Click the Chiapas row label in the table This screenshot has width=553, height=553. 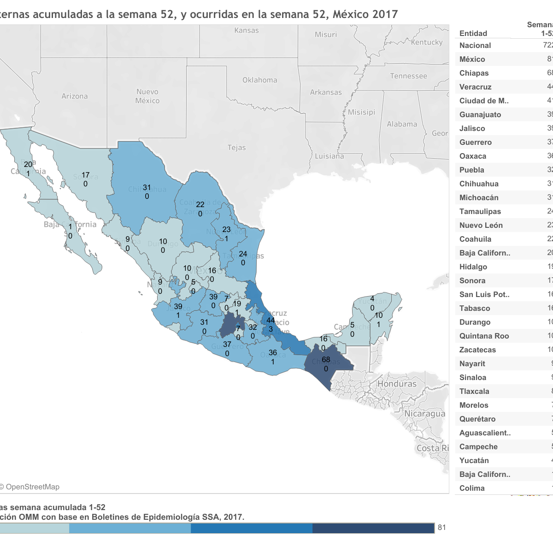(474, 73)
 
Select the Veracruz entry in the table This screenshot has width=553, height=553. (475, 87)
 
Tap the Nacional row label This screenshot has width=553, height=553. (475, 46)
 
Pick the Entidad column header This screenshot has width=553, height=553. (473, 34)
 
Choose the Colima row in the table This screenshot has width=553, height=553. (472, 488)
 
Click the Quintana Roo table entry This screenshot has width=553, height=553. (484, 336)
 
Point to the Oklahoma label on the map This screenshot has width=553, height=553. (260, 80)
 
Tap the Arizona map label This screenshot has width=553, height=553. (75, 96)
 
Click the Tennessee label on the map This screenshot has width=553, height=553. (408, 76)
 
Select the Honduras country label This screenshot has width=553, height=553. (397, 384)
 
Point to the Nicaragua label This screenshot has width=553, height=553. (424, 414)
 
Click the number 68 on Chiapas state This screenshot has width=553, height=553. (326, 360)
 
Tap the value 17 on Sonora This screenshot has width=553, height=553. (86, 175)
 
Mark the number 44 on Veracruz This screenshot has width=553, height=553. (271, 320)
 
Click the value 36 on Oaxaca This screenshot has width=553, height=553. (273, 353)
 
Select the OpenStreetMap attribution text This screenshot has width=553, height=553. (32, 487)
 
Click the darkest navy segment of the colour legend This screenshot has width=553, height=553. (373, 528)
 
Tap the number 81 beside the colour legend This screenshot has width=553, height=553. (442, 528)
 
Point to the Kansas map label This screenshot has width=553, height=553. (247, 30)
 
